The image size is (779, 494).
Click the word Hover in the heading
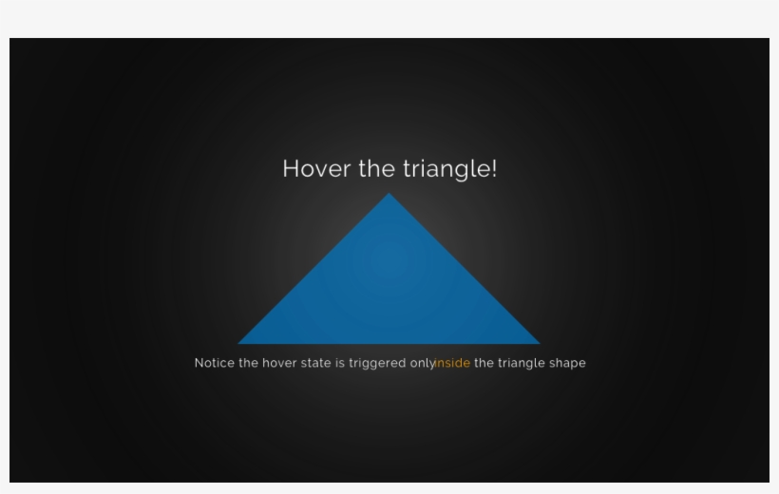(x=316, y=169)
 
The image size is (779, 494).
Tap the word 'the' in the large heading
(x=376, y=169)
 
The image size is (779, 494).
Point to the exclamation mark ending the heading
(x=494, y=169)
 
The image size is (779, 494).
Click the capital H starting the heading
(x=292, y=169)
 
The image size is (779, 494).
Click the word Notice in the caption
(x=214, y=363)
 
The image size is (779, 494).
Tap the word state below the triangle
(x=316, y=363)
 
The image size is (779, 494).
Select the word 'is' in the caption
(x=340, y=363)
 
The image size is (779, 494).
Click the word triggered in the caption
(x=377, y=364)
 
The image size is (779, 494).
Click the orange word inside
(x=453, y=363)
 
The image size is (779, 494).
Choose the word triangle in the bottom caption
(x=522, y=364)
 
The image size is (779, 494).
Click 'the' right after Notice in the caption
(x=248, y=363)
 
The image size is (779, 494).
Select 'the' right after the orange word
(x=484, y=363)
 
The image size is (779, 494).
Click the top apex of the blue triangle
(x=389, y=196)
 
